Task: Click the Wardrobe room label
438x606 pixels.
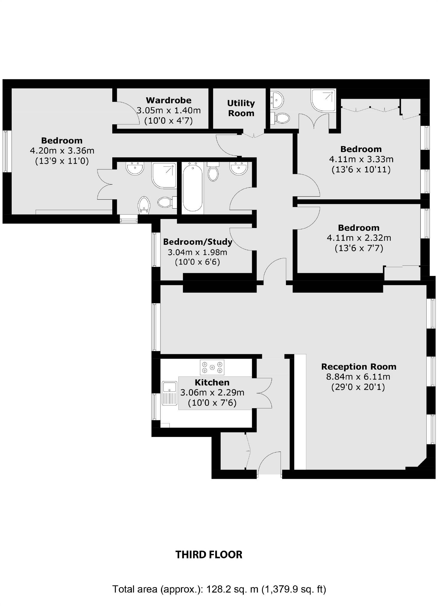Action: tap(169, 100)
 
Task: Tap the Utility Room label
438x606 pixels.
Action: tap(241, 108)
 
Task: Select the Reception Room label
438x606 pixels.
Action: tap(359, 367)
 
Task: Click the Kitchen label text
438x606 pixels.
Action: tap(212, 382)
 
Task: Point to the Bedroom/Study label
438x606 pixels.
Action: tap(198, 242)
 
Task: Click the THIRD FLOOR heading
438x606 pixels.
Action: tap(209, 555)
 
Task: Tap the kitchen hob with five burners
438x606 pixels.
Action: tap(212, 367)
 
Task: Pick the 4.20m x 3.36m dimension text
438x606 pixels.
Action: tap(62, 151)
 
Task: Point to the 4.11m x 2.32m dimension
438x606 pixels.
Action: tap(359, 238)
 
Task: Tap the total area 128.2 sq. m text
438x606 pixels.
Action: tap(219, 589)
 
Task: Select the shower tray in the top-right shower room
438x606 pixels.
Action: tap(323, 100)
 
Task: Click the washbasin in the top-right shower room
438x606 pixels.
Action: tap(278, 99)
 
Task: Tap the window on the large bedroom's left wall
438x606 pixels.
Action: tap(7, 151)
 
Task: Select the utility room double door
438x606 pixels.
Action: tap(254, 134)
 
